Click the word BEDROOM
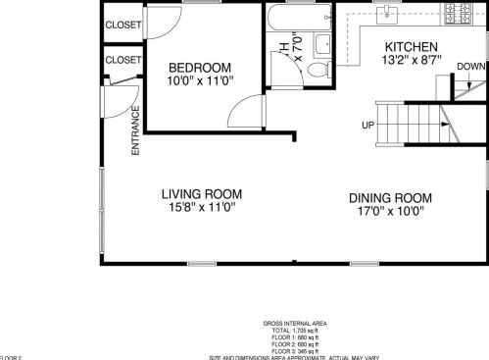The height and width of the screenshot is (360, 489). [199, 68]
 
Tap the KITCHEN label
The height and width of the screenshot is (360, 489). [411, 47]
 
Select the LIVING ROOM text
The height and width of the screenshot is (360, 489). [202, 194]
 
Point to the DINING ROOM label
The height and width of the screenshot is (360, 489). [390, 197]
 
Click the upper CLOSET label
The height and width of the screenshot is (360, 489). [122, 25]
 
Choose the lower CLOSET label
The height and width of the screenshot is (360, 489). [122, 60]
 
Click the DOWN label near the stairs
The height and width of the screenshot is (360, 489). [470, 67]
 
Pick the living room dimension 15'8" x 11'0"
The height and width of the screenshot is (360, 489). [202, 208]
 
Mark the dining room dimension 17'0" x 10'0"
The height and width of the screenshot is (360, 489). [390, 211]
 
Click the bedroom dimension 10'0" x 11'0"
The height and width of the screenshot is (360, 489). [199, 81]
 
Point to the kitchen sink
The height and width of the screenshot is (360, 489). [389, 13]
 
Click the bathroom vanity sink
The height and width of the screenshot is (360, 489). [322, 42]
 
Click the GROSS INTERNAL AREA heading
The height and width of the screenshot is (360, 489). [295, 323]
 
